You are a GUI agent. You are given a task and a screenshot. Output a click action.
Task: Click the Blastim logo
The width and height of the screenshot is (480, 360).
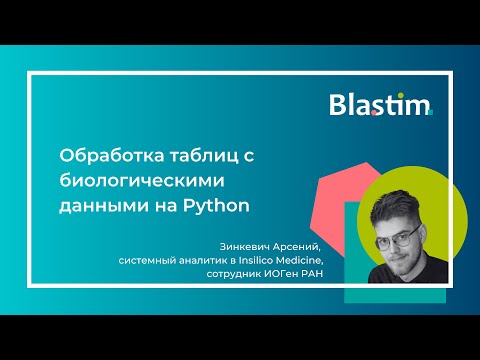point(380,104)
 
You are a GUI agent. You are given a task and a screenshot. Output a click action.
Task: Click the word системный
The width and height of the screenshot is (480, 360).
point(151,262)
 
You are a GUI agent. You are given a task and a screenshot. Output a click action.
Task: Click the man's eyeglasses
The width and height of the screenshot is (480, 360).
point(396,236)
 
